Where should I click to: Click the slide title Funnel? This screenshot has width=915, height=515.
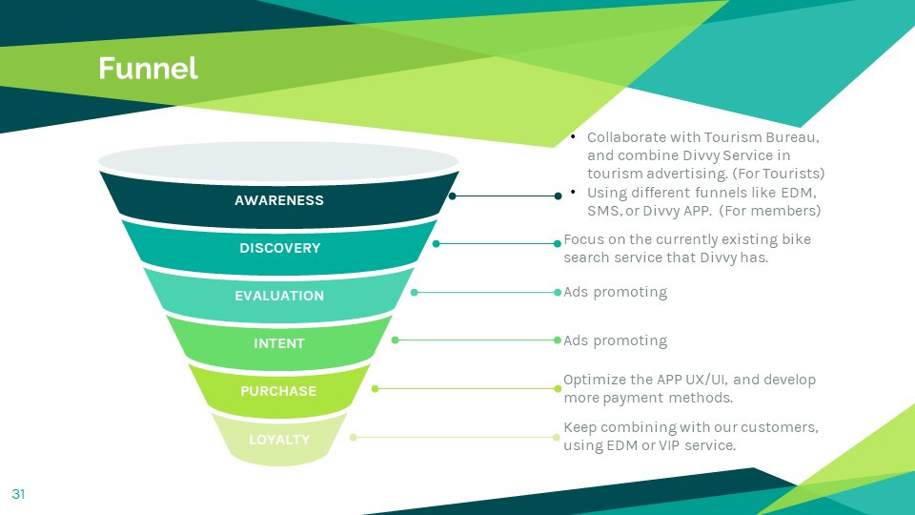(x=148, y=69)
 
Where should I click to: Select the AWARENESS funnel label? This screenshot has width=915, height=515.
(x=279, y=200)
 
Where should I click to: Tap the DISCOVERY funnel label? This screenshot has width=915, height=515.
(x=279, y=248)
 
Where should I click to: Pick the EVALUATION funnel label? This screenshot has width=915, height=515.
(x=279, y=296)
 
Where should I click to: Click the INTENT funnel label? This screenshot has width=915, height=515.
(x=279, y=343)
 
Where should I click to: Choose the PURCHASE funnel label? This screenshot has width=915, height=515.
(x=278, y=391)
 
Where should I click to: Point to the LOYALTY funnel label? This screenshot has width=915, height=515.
(x=279, y=440)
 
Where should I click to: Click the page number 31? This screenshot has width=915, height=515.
(x=18, y=494)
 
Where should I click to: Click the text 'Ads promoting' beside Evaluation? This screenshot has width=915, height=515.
(x=615, y=292)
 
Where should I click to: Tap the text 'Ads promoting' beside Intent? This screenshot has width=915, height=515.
(x=615, y=340)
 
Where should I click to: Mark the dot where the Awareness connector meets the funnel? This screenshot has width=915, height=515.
(x=453, y=196)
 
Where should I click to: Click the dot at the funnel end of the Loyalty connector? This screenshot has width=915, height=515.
(x=353, y=437)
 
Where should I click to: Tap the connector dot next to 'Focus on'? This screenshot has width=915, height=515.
(x=558, y=243)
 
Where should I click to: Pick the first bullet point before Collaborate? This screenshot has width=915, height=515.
(x=573, y=138)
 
